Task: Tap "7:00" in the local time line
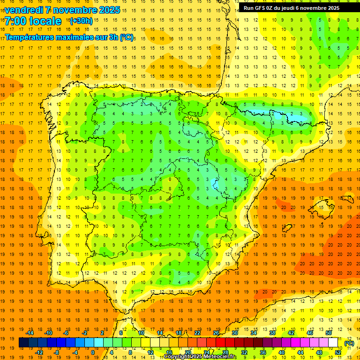[15, 21]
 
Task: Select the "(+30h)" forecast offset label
[81, 21]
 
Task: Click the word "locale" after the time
[45, 21]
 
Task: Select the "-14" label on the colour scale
[30, 333]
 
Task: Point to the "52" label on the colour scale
[338, 352]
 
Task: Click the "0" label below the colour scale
[93, 352]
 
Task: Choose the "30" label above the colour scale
[234, 333]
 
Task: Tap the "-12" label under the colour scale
[39, 352]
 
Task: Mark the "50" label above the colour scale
[329, 333]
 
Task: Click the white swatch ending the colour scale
[333, 343]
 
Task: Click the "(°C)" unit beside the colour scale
[349, 343]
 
